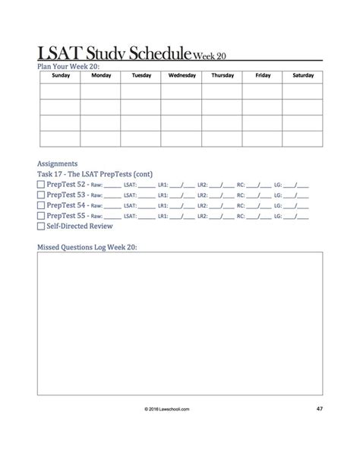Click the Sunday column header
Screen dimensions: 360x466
point(60,76)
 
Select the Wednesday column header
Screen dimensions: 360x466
point(182,76)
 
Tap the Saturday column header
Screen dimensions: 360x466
point(303,76)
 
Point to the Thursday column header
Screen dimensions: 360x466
point(223,76)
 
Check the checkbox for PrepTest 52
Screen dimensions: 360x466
point(41,184)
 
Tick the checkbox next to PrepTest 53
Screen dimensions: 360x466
point(41,195)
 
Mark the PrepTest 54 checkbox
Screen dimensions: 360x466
point(41,205)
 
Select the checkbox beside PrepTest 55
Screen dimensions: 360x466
point(41,216)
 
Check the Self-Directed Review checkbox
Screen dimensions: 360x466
point(41,227)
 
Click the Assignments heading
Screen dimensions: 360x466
point(57,163)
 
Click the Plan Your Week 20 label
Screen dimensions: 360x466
point(68,66)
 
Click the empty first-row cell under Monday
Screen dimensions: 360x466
point(101,90)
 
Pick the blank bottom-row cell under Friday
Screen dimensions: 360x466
point(263,138)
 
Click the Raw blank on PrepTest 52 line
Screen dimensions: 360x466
point(112,185)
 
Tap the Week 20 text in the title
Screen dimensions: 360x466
point(210,55)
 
